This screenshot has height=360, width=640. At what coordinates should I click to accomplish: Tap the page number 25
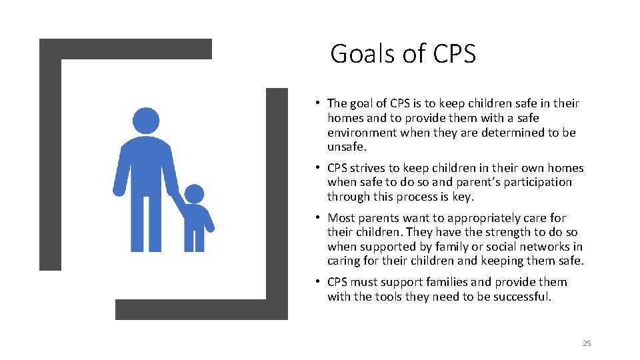587,343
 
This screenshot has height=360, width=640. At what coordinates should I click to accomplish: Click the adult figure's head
146,121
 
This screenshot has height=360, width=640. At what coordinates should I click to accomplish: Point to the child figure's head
194,194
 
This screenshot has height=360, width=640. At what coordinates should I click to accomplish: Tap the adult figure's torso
146,167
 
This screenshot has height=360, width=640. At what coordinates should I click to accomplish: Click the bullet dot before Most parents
319,217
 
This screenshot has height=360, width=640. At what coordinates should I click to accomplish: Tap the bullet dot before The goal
319,103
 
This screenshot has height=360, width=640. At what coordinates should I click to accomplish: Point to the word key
464,197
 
